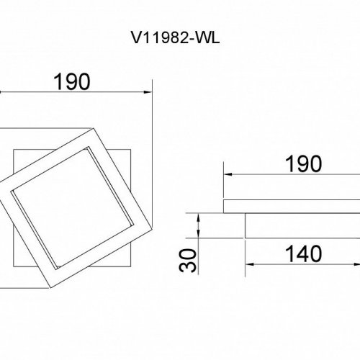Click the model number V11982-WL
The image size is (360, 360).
175,38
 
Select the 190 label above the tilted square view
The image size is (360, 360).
72,82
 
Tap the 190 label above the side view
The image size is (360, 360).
303,164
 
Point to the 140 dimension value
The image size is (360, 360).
303,254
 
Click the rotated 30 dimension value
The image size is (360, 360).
188,261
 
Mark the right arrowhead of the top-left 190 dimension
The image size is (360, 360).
148,92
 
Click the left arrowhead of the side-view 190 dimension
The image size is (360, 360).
228,174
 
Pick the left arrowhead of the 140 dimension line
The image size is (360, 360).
250,264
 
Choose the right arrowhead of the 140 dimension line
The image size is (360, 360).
357,264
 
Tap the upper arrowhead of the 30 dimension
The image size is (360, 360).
199,217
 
